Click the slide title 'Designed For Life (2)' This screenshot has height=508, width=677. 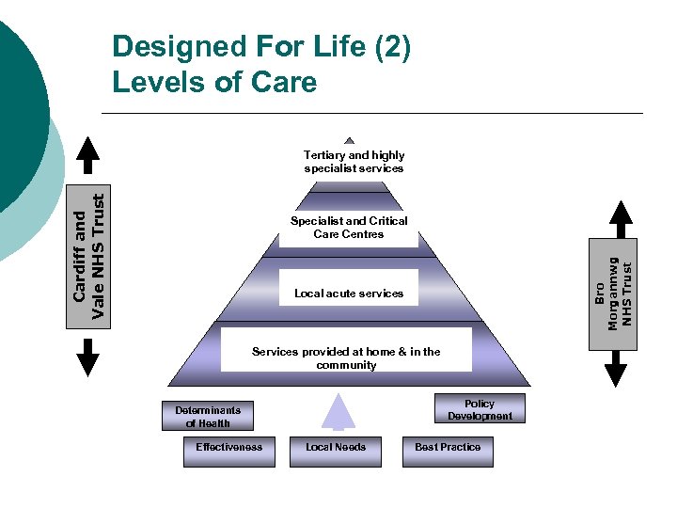(x=260, y=47)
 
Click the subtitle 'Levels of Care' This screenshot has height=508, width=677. (x=214, y=82)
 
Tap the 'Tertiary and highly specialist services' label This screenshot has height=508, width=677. (x=354, y=162)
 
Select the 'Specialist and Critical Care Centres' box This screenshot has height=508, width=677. (x=349, y=228)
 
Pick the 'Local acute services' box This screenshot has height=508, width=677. (x=349, y=294)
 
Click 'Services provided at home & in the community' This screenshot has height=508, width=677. (x=346, y=357)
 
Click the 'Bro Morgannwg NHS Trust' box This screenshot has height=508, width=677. (x=615, y=293)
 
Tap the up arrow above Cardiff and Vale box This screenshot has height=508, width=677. (x=87, y=156)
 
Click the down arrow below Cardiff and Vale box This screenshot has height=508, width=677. (x=87, y=356)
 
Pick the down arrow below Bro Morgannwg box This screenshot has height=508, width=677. (x=616, y=368)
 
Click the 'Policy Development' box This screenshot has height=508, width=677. (x=480, y=409)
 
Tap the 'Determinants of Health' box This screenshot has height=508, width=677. (x=208, y=417)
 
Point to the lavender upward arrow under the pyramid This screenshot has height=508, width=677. (x=338, y=411)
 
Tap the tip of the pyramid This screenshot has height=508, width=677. (x=350, y=139)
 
